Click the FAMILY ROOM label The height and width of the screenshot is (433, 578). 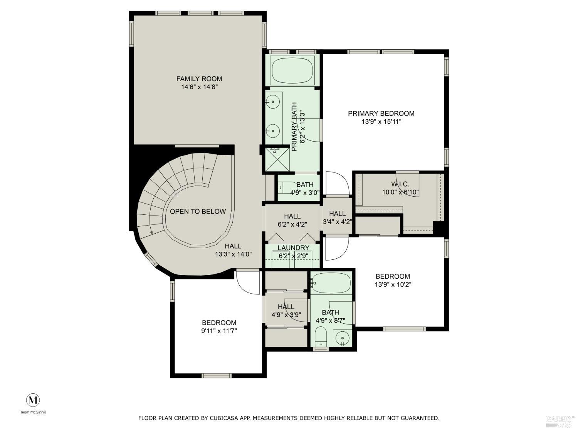coord(199,79)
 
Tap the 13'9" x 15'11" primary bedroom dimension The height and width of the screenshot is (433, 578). coord(381,122)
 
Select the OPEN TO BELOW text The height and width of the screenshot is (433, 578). coord(198,211)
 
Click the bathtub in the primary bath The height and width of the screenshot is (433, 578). coord(292,70)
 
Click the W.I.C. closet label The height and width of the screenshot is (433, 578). coord(400,184)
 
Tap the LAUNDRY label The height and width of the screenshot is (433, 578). coord(293,248)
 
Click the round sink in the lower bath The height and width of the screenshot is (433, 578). coord(342,338)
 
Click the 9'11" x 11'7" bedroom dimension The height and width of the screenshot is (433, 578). coord(219,331)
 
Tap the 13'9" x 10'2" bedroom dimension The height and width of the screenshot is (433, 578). coord(393,285)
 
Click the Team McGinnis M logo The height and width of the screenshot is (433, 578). coord(33,400)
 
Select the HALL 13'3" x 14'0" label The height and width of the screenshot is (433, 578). coord(233,246)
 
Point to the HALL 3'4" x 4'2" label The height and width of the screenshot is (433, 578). coord(337,214)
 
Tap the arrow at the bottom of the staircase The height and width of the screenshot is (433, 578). coord(151,232)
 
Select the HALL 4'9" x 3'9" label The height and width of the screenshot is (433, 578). coord(286,307)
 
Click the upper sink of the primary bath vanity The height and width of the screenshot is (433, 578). coord(273,102)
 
